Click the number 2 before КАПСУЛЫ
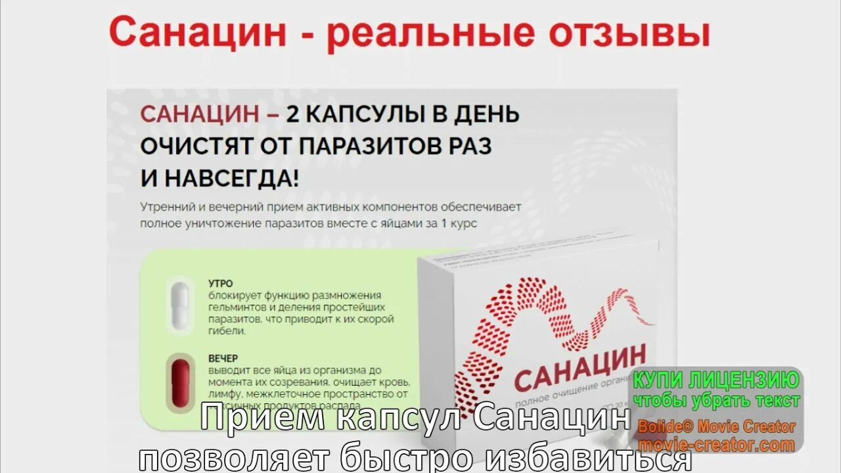292,114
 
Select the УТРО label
221,284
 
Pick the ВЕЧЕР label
223,359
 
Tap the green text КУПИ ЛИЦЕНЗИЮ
716,380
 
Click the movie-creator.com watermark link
716,445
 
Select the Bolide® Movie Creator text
716,426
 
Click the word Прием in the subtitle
249,419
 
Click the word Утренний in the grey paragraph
166,206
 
